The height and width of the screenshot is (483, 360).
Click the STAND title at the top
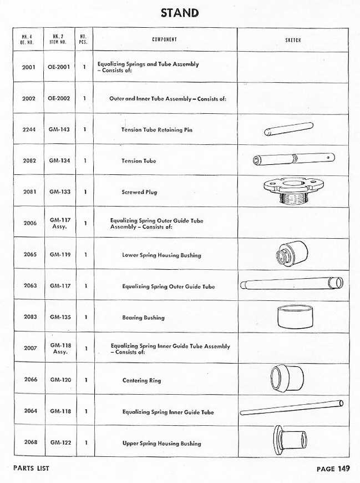click(x=180, y=13)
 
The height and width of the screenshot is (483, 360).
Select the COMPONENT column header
click(x=164, y=40)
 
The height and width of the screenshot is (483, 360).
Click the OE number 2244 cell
click(x=29, y=130)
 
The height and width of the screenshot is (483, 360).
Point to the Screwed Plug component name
click(x=139, y=193)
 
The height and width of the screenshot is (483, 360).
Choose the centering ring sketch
click(x=286, y=379)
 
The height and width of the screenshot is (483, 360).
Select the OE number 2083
click(x=29, y=318)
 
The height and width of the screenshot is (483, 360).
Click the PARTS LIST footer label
click(x=31, y=469)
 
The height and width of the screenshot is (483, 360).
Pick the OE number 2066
click(x=29, y=381)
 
